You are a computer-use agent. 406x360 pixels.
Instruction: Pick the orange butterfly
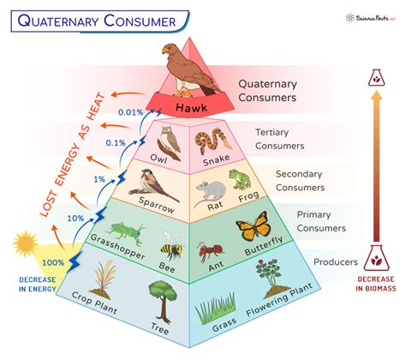253,231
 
